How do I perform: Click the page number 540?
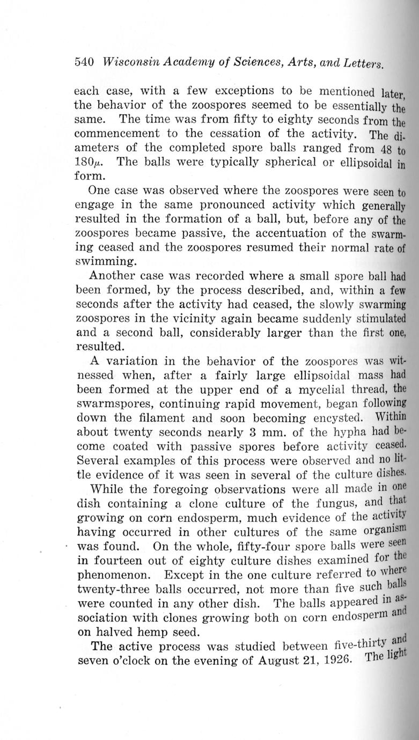tap(84, 62)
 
